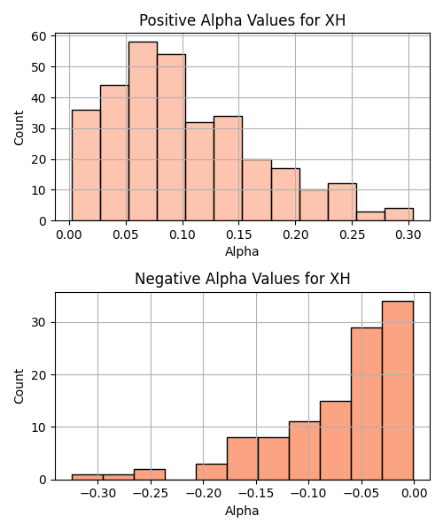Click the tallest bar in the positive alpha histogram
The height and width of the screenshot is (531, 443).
(x=143, y=131)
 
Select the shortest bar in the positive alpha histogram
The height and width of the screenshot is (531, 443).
(x=370, y=217)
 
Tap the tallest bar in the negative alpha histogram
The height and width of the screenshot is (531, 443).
(x=398, y=390)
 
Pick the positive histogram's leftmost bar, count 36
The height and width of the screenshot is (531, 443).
(x=86, y=165)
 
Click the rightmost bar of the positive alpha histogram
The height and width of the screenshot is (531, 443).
(x=399, y=215)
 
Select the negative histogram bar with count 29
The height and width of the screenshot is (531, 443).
(x=367, y=404)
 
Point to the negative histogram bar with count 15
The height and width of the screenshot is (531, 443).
(x=336, y=441)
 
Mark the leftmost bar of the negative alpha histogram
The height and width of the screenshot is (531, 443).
(x=88, y=477)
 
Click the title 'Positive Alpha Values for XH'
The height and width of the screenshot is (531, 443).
(x=243, y=20)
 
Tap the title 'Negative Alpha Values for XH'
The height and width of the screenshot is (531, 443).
(x=243, y=279)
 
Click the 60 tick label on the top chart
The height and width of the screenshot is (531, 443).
(x=39, y=36)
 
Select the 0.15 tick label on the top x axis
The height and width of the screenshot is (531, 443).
(x=239, y=235)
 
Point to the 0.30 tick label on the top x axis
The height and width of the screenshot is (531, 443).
(x=408, y=235)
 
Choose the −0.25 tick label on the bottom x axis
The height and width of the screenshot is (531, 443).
(x=151, y=494)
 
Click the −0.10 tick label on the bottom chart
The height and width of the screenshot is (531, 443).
(x=308, y=494)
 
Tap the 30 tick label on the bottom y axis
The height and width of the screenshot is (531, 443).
(x=39, y=322)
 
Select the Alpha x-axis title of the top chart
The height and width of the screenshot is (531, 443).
(x=242, y=251)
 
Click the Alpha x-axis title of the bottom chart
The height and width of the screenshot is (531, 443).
(x=242, y=511)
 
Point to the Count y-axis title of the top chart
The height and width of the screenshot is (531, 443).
(x=19, y=127)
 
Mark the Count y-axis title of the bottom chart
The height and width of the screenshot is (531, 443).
(x=19, y=387)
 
